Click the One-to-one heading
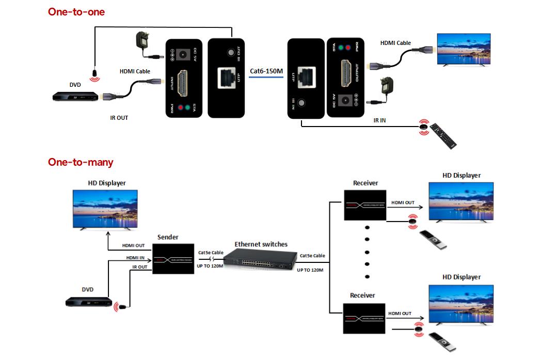pyautogui.click(x=76, y=12)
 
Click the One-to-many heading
pyautogui.click(x=81, y=162)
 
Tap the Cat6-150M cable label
pyautogui.click(x=266, y=71)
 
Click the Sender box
pyautogui.click(x=173, y=259)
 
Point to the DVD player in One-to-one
pyautogui.click(x=75, y=97)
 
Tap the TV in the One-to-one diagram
pyautogui.click(x=464, y=50)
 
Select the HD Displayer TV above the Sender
pyautogui.click(x=105, y=209)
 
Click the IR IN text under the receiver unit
pyautogui.click(x=379, y=120)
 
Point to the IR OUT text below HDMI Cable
pyautogui.click(x=119, y=118)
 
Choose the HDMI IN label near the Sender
pyautogui.click(x=135, y=257)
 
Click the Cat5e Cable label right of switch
pyautogui.click(x=312, y=256)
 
